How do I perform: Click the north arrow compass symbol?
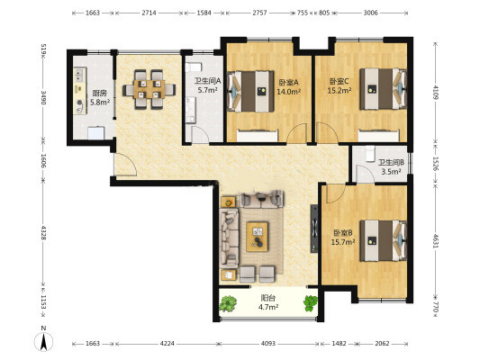[44, 341]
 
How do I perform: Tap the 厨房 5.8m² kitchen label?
[100, 97]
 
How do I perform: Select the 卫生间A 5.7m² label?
[207, 85]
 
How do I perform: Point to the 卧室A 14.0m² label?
[289, 87]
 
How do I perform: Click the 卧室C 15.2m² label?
[340, 85]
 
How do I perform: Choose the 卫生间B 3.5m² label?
[391, 167]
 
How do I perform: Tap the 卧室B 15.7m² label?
[343, 238]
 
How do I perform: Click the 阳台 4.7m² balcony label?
[268, 302]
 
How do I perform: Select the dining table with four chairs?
[149, 89]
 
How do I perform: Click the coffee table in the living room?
[258, 237]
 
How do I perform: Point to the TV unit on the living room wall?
[314, 229]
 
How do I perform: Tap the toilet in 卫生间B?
[370, 154]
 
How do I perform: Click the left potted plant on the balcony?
[228, 303]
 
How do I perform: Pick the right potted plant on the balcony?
[311, 303]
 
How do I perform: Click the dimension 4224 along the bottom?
[168, 344]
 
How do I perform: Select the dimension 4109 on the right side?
[436, 93]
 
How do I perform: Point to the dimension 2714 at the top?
[149, 13]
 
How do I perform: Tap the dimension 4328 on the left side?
[43, 232]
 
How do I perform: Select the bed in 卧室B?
[383, 240]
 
